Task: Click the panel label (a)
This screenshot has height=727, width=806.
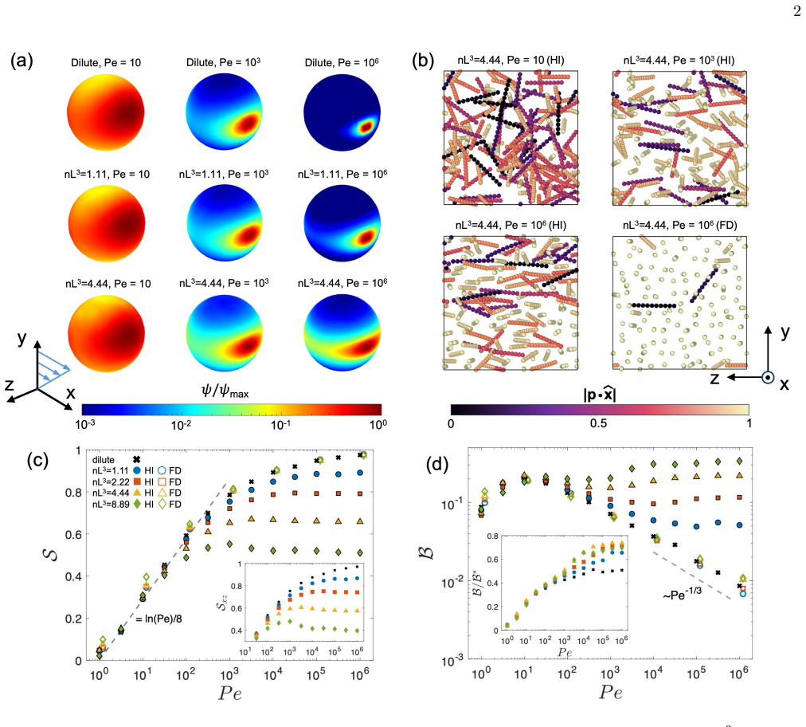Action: pos(22,61)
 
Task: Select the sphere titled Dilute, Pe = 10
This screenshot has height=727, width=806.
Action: pos(105,112)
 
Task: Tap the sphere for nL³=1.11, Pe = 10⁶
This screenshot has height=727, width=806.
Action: pos(342,223)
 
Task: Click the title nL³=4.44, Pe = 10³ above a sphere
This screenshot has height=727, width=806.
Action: pos(224,284)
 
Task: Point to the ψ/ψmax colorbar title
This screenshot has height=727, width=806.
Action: pos(225,392)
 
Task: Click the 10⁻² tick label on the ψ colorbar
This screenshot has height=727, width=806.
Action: pos(181,425)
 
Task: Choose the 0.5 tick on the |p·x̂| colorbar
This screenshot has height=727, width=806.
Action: pos(598,423)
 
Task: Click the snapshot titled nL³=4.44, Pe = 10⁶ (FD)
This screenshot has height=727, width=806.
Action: pos(679,303)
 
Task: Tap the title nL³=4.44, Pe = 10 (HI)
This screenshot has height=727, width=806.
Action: pos(511,61)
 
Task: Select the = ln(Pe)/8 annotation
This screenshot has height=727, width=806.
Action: pos(158,619)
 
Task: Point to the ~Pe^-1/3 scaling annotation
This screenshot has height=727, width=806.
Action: pos(682,593)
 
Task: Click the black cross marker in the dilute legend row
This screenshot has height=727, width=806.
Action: pos(137,459)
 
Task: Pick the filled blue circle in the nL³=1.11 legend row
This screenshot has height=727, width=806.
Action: pos(137,470)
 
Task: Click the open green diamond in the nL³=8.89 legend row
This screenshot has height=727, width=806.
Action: pos(162,505)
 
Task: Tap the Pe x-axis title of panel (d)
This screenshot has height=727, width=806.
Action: pos(611,693)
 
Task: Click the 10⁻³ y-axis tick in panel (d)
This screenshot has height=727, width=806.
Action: pos(452,661)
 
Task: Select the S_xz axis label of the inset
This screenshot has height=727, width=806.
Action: pos(222,599)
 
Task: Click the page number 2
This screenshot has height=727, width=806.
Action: pos(796,11)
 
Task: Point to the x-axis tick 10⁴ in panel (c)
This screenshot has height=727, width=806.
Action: pos(272,674)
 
